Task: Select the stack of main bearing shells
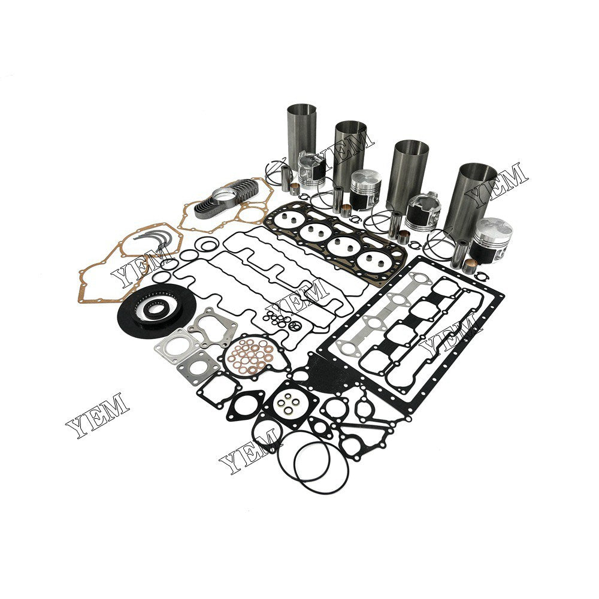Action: click(x=226, y=199)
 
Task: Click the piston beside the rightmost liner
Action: click(x=491, y=240)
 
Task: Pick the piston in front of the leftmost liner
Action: click(x=311, y=170)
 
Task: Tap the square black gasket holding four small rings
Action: click(x=291, y=404)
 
